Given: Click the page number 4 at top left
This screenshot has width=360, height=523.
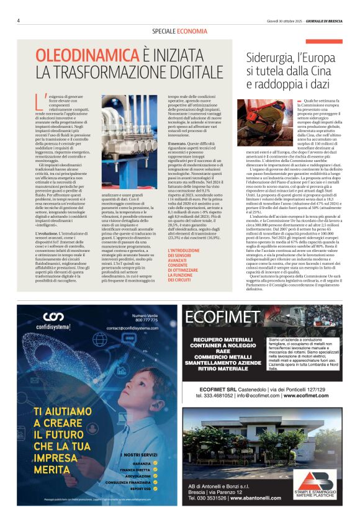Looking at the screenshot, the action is tap(19, 20).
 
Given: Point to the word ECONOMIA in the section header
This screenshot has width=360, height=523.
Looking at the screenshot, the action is tap(192, 30).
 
